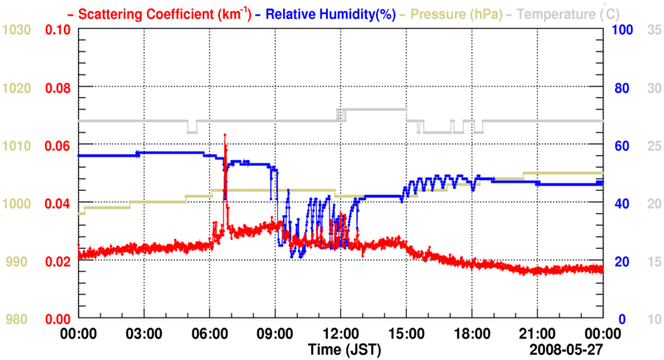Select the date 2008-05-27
point(567,350)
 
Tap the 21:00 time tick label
point(537,333)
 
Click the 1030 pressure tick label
point(17,29)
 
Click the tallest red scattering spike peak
point(225,134)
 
